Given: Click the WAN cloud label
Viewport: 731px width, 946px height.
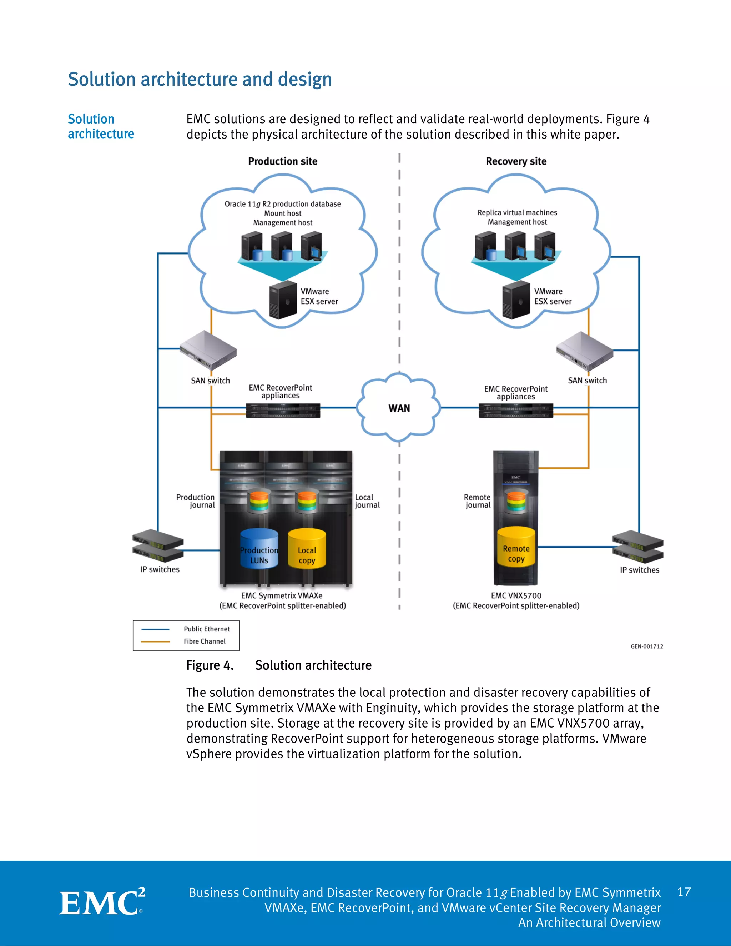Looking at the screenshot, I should point(399,408).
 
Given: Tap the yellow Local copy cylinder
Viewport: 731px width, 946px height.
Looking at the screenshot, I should point(307,549).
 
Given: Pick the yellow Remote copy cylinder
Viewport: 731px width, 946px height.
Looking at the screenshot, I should point(516,548).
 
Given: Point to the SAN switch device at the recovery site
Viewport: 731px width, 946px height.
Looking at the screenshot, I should point(585,350).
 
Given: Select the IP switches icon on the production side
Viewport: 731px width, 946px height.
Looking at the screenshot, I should point(158,546).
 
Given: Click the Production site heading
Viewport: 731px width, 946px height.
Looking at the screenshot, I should point(282,161).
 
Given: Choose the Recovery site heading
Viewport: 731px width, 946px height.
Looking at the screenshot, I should point(516,161).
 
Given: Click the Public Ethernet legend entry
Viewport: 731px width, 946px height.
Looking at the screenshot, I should point(207,629).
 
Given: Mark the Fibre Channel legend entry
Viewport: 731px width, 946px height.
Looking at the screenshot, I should point(205,641).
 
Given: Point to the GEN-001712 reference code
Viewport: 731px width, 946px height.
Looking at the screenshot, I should point(646,646).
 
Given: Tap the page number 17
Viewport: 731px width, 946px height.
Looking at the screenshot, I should point(684,892).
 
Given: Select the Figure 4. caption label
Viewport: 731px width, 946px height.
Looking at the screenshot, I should point(210,665).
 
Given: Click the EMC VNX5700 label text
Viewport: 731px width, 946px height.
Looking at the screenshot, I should point(516,595).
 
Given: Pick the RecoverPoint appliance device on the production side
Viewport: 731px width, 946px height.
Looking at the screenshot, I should point(283,410).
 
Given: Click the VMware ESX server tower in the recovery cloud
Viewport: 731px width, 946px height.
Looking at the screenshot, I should point(516,300).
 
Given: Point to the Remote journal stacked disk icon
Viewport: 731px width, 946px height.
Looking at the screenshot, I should point(516,502).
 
